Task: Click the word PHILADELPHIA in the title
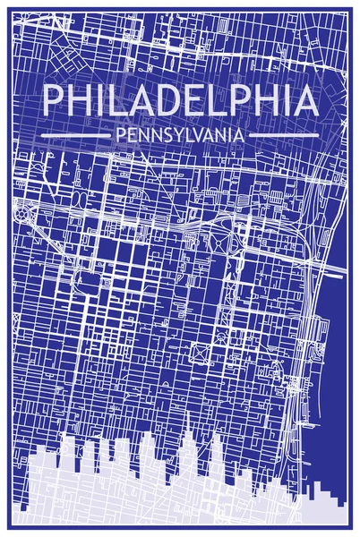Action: tap(180, 102)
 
